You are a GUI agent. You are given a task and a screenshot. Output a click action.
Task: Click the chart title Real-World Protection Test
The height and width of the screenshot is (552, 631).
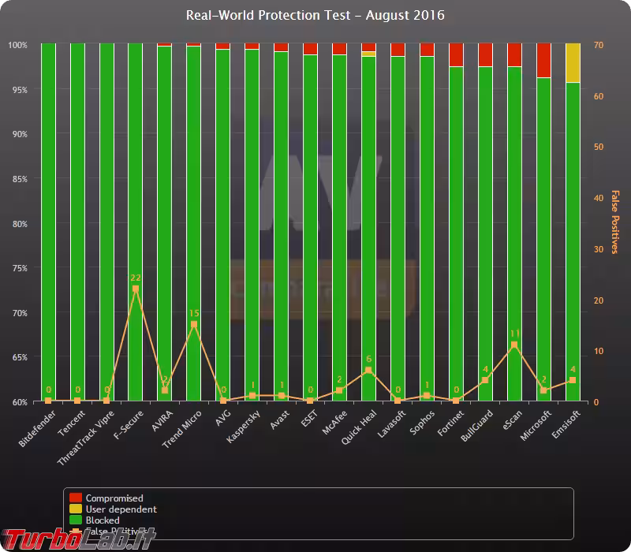[x=315, y=15]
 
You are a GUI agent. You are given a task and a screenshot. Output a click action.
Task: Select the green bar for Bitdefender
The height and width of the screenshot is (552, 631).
[x=48, y=221]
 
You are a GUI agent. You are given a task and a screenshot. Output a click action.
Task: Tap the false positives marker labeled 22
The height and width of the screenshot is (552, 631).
[x=136, y=289]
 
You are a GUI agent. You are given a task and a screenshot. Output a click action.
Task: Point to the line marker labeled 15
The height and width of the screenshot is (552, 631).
[x=194, y=324]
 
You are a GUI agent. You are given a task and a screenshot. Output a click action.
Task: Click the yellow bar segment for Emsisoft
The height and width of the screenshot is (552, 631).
[x=573, y=62]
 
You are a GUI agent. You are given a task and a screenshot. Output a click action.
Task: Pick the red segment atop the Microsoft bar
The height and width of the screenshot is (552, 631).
[x=543, y=60]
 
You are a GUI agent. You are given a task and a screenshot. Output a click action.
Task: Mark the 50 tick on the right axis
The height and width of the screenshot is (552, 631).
[x=598, y=147]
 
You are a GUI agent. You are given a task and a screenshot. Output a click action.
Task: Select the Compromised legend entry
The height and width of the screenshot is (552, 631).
[x=114, y=498]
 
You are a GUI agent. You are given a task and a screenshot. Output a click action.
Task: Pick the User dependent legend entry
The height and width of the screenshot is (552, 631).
[x=120, y=509]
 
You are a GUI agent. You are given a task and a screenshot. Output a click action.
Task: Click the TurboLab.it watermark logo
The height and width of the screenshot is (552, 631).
[x=79, y=538]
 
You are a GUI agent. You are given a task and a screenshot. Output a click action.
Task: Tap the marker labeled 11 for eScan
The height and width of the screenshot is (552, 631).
[x=514, y=345]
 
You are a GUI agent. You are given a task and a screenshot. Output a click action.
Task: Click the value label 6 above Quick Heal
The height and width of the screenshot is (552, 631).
[x=368, y=360]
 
